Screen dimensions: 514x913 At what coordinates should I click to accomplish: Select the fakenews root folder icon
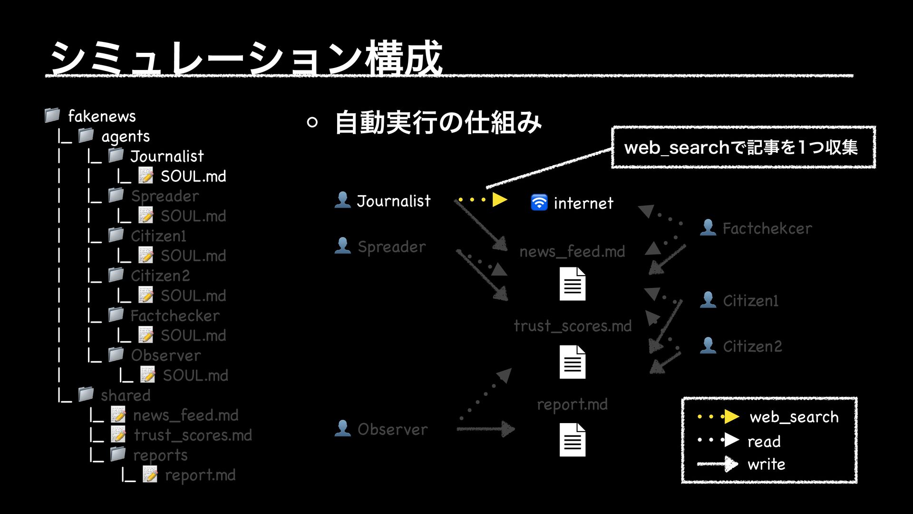pos(52,115)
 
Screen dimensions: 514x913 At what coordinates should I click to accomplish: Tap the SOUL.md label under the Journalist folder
pos(193,176)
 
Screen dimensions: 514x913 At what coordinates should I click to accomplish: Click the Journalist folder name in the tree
pos(167,156)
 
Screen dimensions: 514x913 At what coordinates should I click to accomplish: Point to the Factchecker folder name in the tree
pos(175,316)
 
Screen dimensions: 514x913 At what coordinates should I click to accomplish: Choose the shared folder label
pos(126,395)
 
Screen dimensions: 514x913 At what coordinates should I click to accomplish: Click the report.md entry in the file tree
pos(200,475)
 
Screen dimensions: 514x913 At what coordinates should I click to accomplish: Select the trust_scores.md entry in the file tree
pos(193,435)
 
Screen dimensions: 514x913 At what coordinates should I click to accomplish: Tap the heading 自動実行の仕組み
pos(438,122)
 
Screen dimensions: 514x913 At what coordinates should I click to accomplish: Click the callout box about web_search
pos(743,147)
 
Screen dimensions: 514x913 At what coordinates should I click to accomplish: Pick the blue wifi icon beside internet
pos(539,203)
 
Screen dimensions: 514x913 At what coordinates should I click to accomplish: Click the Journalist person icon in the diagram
pos(342,200)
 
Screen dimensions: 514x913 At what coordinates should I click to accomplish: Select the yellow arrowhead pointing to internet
pos(499,199)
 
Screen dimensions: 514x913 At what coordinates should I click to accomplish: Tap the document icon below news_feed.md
pos(573,284)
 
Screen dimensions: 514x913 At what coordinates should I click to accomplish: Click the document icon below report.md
pos(573,439)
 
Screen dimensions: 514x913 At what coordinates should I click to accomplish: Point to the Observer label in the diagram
pos(392,429)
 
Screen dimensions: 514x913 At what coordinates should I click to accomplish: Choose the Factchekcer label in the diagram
pos(767,228)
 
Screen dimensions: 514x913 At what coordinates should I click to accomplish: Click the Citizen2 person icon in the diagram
pos(708,346)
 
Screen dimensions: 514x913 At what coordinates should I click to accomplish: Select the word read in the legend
pos(764,441)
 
